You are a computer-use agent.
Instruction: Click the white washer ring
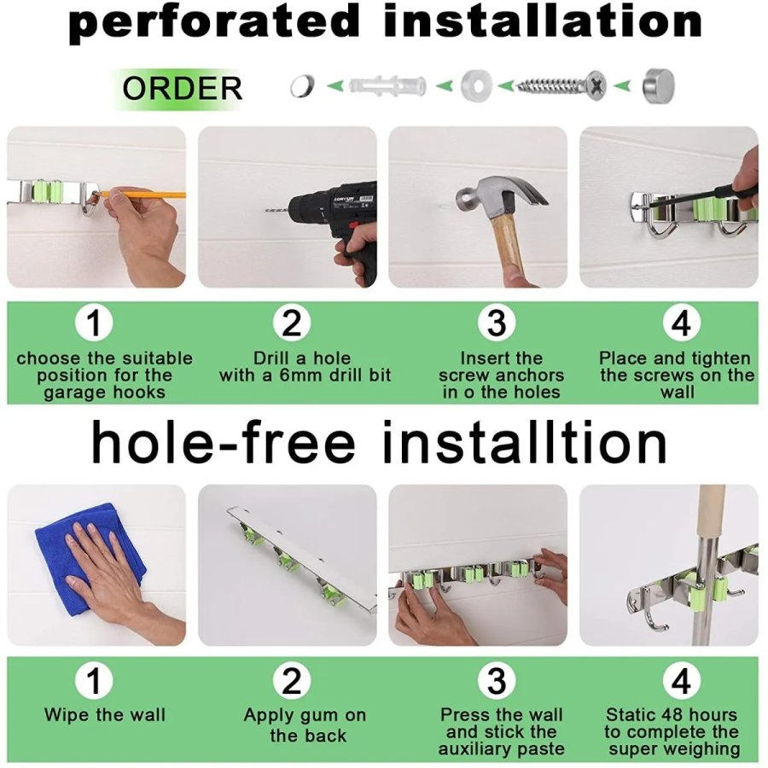tap(475, 85)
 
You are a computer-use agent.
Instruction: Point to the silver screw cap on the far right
tap(659, 85)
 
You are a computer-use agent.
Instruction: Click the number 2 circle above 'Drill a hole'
tap(292, 323)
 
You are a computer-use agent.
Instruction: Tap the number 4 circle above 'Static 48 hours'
tap(681, 681)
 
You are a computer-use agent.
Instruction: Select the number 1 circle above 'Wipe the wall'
tap(94, 681)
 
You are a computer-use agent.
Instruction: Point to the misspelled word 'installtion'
tap(524, 443)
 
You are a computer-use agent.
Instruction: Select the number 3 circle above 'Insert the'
tap(497, 323)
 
